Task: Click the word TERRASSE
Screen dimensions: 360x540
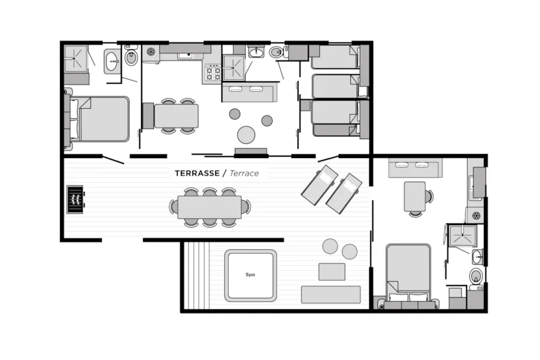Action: point(196,173)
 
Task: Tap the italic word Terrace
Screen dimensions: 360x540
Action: point(244,173)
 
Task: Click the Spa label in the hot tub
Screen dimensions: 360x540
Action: point(250,275)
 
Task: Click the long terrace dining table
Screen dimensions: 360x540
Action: point(209,207)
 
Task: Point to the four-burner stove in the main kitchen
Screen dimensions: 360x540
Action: point(212,73)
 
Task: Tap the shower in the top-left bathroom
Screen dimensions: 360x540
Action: point(76,58)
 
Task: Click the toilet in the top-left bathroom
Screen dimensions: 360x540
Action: point(131,57)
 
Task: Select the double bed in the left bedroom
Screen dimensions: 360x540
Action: point(101,119)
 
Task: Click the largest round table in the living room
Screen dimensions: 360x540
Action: point(246,135)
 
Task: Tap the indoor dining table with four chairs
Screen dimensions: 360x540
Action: point(176,115)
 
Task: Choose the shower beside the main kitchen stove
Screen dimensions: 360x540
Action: point(234,67)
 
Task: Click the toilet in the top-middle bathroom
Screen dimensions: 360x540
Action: point(277,52)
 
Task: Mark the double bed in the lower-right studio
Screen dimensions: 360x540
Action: point(408,273)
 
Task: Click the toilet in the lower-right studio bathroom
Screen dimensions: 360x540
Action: point(476,276)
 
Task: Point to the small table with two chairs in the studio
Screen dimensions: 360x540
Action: point(414,197)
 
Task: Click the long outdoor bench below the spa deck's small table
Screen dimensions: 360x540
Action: point(331,294)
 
